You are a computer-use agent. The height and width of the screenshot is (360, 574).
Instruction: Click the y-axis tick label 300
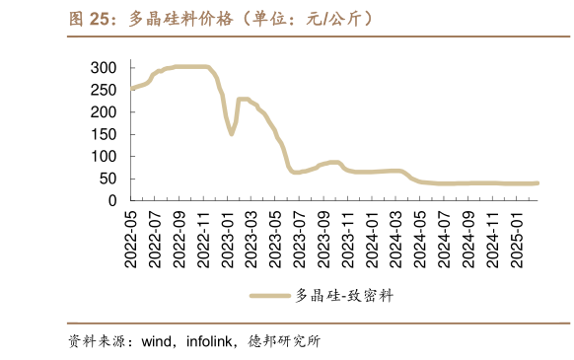[104, 67]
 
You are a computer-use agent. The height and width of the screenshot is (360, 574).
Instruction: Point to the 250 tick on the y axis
[104, 90]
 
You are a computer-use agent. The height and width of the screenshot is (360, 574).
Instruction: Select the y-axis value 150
[104, 134]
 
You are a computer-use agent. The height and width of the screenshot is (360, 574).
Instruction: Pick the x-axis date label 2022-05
[130, 237]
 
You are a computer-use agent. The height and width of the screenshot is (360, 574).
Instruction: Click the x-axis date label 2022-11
[202, 237]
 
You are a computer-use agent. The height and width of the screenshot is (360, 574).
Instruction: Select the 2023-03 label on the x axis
[251, 237]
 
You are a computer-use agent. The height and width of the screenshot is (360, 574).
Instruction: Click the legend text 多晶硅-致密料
[344, 295]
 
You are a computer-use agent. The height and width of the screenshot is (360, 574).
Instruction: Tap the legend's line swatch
[270, 295]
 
